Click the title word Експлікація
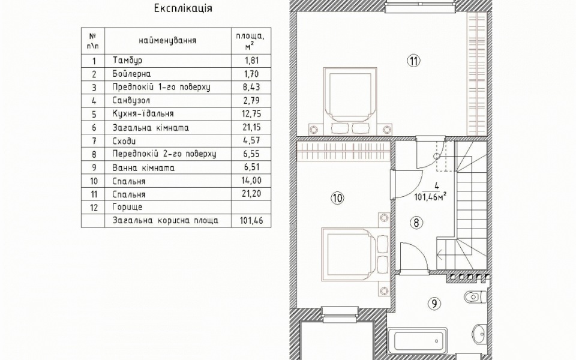[x=183, y=8]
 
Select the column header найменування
[x=167, y=40]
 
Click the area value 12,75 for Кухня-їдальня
[x=251, y=113]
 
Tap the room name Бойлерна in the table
[x=131, y=73]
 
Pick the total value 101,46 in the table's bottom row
[x=251, y=221]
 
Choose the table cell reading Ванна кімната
[x=143, y=168]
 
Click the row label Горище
[x=127, y=207]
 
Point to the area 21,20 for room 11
[x=251, y=194]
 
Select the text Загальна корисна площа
[x=166, y=221]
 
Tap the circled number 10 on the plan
[x=337, y=199]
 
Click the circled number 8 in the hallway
[x=416, y=223]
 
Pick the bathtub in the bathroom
[x=418, y=340]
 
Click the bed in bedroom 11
[x=350, y=97]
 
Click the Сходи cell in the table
[x=124, y=141]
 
